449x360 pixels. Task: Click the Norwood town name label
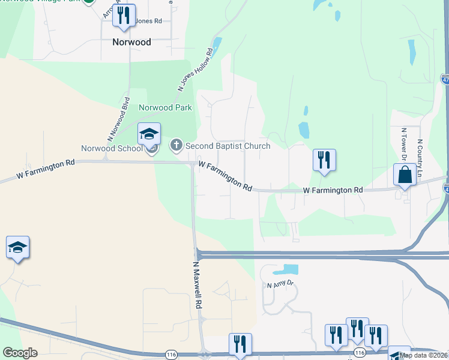point(131,43)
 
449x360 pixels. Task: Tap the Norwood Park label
point(165,108)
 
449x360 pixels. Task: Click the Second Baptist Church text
point(228,146)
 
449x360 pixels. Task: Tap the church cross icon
point(176,145)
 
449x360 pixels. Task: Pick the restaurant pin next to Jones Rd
point(124,16)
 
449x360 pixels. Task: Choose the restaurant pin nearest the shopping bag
point(324,161)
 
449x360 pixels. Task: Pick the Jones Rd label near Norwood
point(149,21)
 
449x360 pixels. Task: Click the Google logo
point(20,352)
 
